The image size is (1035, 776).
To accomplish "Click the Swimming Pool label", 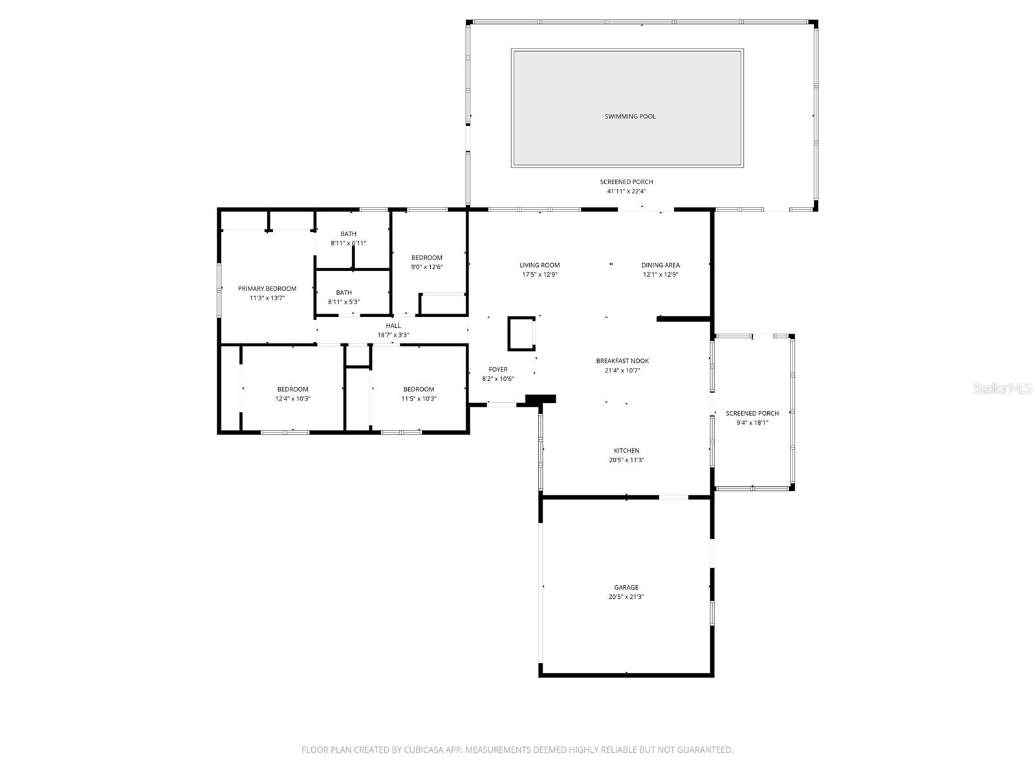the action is [x=630, y=116].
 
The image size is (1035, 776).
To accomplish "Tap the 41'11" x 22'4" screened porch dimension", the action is [x=626, y=191].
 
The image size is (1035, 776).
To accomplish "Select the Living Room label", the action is [x=539, y=265].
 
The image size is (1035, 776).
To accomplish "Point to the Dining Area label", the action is [x=660, y=265].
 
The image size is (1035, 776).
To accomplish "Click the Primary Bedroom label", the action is [x=267, y=289].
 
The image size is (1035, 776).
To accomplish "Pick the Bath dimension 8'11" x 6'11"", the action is [x=348, y=243].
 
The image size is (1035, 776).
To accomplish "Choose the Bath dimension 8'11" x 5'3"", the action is [x=343, y=302].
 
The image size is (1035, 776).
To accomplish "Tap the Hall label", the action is [x=393, y=325].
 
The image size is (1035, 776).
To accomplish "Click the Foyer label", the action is [x=498, y=369].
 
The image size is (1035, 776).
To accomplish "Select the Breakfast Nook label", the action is [x=622, y=361].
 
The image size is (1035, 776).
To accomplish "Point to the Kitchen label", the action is [x=626, y=451].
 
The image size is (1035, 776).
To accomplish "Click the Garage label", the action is [x=626, y=587].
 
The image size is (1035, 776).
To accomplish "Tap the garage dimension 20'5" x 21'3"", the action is [x=626, y=596].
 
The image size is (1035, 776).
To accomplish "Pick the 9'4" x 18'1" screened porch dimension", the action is [x=752, y=423].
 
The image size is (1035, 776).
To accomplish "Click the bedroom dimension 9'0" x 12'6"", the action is [x=427, y=266].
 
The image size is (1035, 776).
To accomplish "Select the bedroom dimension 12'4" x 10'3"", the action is [x=293, y=398].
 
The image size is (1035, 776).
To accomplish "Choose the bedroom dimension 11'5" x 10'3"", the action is [x=419, y=398].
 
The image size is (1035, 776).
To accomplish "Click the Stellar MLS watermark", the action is [x=1003, y=388].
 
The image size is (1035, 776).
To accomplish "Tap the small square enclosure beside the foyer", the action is [x=521, y=334].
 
